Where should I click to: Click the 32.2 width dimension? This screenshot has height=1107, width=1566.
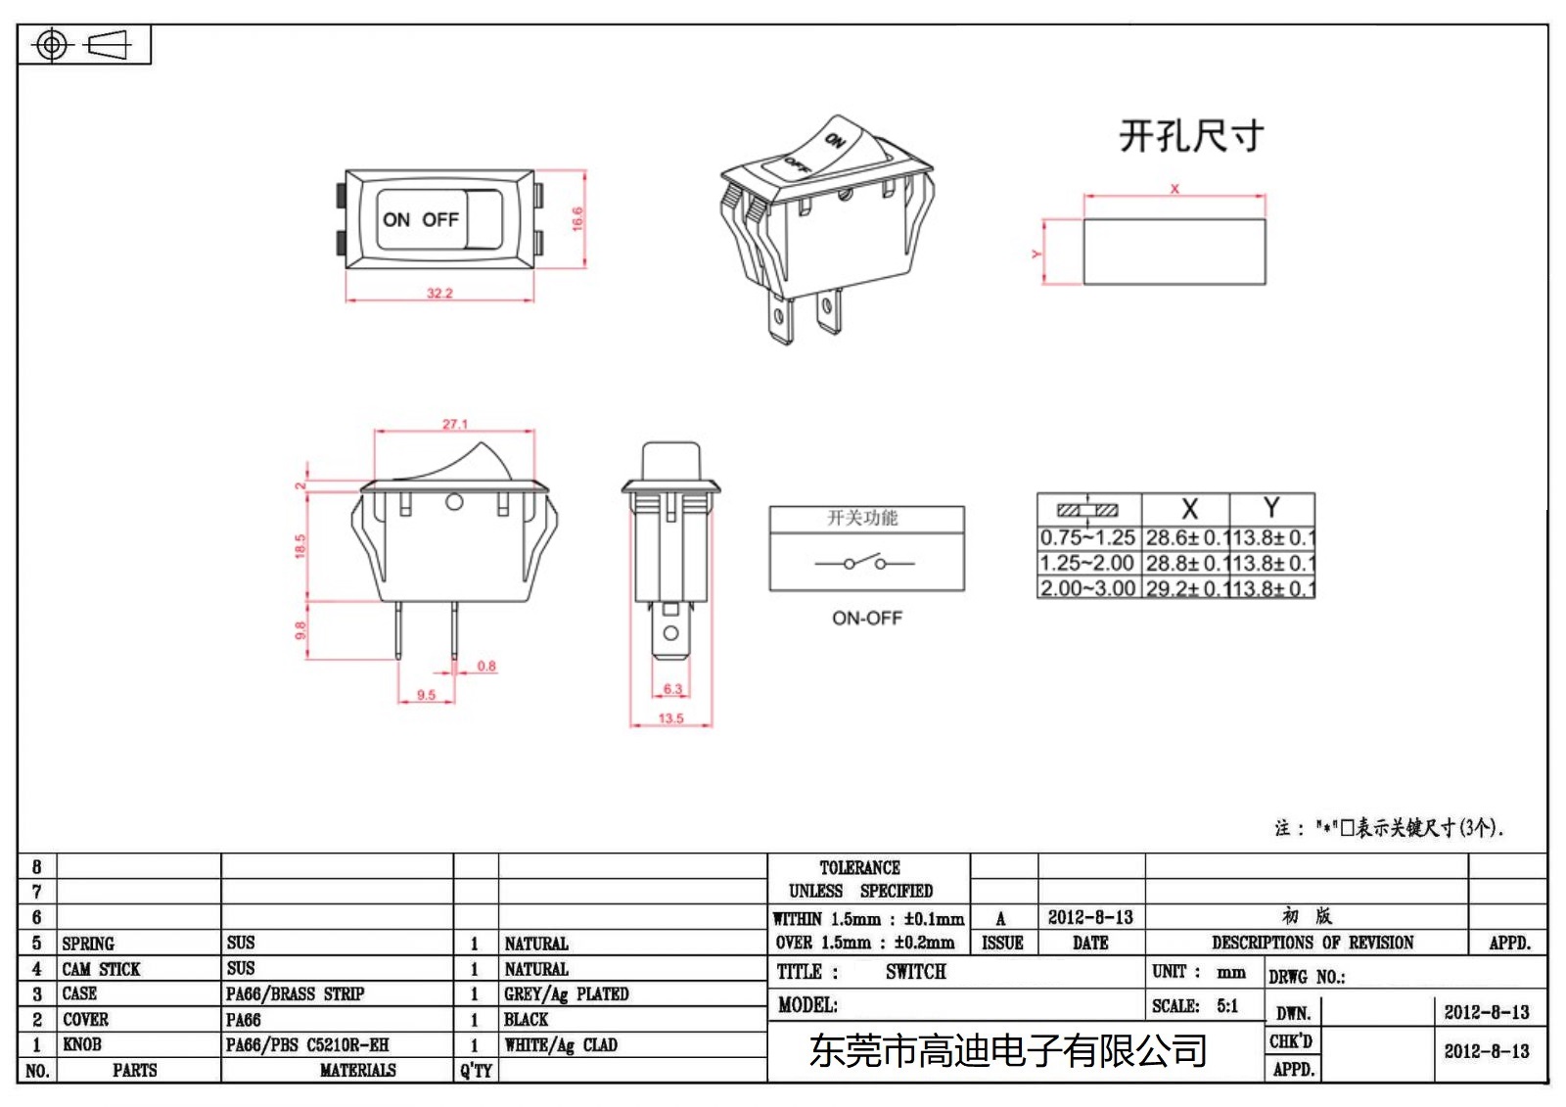tap(439, 293)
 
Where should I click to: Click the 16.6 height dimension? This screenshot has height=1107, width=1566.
tap(577, 218)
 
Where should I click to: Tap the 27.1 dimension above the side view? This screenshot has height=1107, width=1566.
tap(455, 424)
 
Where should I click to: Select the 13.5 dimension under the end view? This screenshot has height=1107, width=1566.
tap(670, 718)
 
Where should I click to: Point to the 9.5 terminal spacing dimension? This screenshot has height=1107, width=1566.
tap(426, 695)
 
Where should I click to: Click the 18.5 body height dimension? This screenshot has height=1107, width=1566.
tap(300, 546)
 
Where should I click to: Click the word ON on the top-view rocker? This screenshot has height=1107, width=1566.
tap(396, 219)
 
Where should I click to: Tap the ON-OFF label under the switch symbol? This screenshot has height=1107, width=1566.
tap(867, 618)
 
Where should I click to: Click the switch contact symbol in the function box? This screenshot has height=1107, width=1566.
tap(865, 563)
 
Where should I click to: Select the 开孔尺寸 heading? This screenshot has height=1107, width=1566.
tap(1191, 136)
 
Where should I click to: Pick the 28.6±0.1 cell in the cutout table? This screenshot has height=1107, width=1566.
tap(1185, 537)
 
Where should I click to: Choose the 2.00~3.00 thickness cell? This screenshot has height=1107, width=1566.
tap(1087, 588)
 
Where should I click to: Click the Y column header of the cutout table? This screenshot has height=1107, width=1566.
tap(1271, 508)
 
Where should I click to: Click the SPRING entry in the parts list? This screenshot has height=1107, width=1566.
tap(88, 944)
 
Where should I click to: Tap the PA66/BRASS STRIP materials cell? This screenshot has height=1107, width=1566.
tap(295, 993)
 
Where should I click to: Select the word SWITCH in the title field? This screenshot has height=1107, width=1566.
tap(916, 972)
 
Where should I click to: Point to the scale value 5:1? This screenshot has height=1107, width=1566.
tap(1227, 1005)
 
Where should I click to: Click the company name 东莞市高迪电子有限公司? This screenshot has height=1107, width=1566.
tap(1008, 1051)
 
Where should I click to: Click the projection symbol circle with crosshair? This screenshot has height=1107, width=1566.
tap(52, 45)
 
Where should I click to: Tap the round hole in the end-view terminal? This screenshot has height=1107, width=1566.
tap(670, 633)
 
